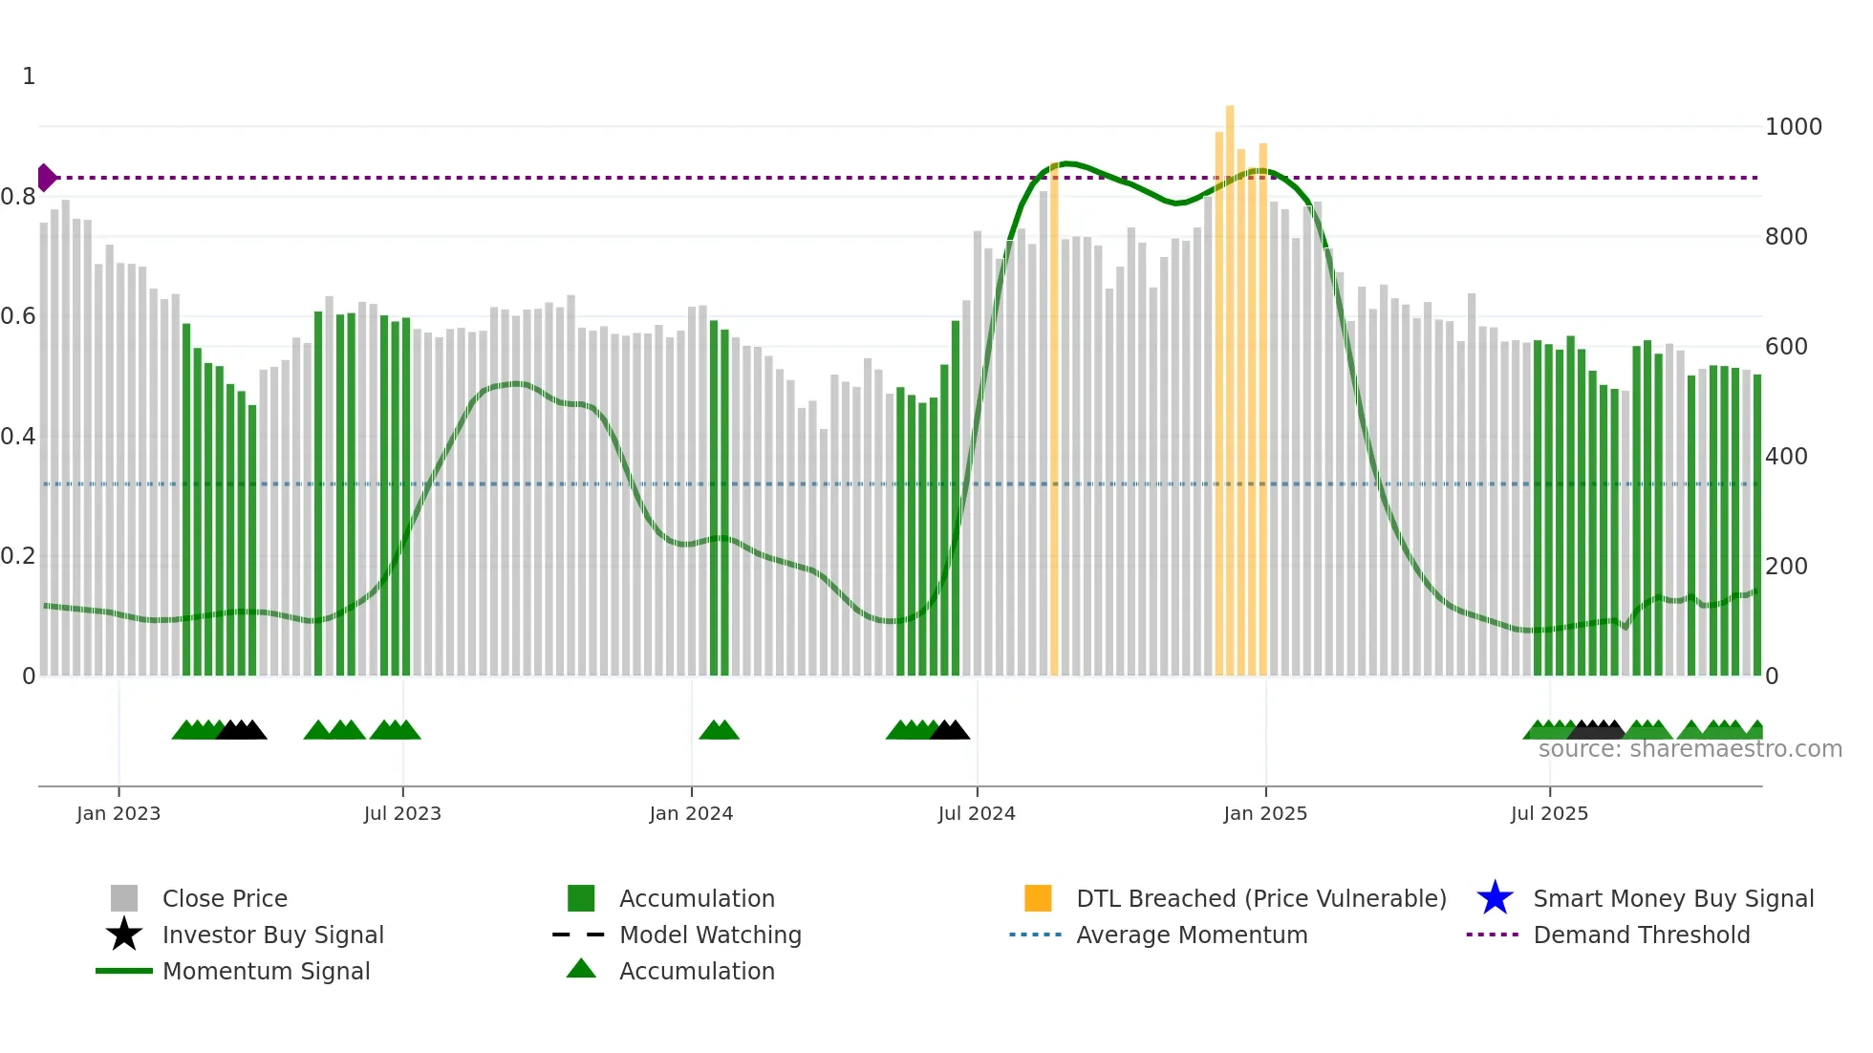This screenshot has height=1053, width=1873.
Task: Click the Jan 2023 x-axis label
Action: tap(118, 813)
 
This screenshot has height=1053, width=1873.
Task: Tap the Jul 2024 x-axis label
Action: tap(977, 813)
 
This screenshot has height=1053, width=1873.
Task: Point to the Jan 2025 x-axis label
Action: tap(1265, 813)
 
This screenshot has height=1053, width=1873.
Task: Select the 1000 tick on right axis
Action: tap(1793, 127)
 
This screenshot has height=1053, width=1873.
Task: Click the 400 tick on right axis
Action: tap(1786, 457)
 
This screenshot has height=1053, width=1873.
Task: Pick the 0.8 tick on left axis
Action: tap(19, 197)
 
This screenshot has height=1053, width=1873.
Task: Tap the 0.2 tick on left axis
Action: tap(19, 556)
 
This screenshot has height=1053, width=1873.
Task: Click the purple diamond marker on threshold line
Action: tap(46, 178)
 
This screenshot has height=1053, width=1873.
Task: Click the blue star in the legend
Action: tap(1495, 898)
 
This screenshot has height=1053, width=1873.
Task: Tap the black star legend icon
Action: tap(124, 935)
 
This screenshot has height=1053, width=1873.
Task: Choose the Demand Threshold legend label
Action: tap(1641, 935)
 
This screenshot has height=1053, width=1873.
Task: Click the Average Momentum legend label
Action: tap(1192, 935)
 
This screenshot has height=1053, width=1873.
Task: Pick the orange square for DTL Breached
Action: tap(1038, 898)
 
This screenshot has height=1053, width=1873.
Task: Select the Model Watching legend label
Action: tap(710, 935)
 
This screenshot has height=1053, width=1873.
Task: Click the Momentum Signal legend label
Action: tap(266, 971)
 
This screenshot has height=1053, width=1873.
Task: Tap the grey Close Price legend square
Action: tap(124, 898)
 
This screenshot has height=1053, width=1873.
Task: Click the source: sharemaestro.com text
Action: tap(1690, 749)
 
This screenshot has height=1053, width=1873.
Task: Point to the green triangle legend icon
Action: tap(581, 969)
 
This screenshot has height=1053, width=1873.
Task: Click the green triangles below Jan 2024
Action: tap(719, 731)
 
